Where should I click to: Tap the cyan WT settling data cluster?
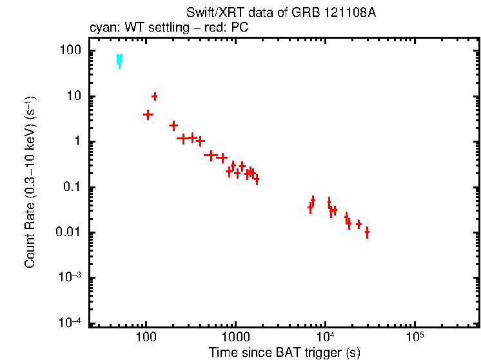coord(119,60)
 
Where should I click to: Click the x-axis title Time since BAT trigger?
coord(284,352)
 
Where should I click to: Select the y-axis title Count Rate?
coord(30,187)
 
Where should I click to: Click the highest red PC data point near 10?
coord(155,96)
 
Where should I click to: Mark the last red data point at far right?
coord(367,232)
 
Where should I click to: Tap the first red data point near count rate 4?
coord(148,115)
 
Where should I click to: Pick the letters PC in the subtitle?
coord(241,28)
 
